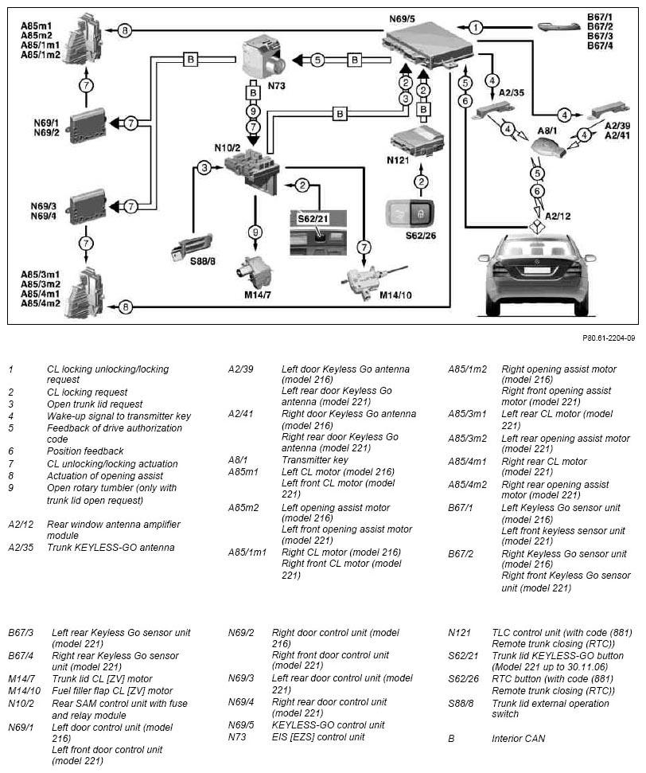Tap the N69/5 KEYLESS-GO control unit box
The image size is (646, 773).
428,43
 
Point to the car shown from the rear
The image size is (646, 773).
537,274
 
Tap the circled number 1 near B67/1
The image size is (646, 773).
475,27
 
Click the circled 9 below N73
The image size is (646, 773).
254,111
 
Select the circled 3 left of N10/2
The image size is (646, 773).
204,167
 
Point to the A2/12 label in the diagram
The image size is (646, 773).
559,216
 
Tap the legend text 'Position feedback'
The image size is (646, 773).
85,451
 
